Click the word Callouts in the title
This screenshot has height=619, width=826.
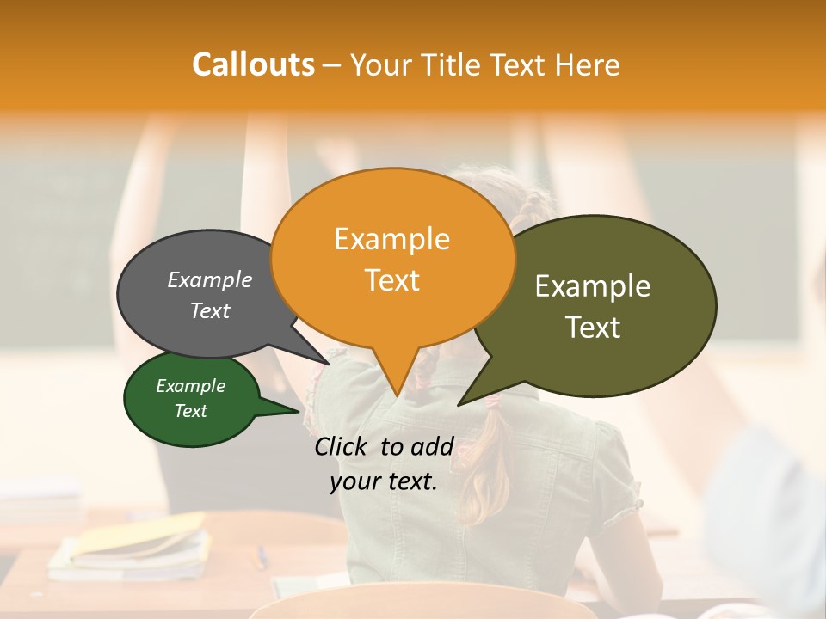click(253, 64)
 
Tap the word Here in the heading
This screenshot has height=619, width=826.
click(588, 64)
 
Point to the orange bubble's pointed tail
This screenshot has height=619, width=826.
click(395, 378)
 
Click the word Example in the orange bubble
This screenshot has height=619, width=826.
click(392, 239)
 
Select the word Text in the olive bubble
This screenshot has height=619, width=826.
click(593, 328)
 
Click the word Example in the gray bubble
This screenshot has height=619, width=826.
click(210, 279)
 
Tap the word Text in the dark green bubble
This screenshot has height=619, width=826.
click(191, 411)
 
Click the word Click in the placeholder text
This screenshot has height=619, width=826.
click(342, 446)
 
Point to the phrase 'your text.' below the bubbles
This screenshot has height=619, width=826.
click(384, 482)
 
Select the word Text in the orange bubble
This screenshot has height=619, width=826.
click(392, 280)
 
